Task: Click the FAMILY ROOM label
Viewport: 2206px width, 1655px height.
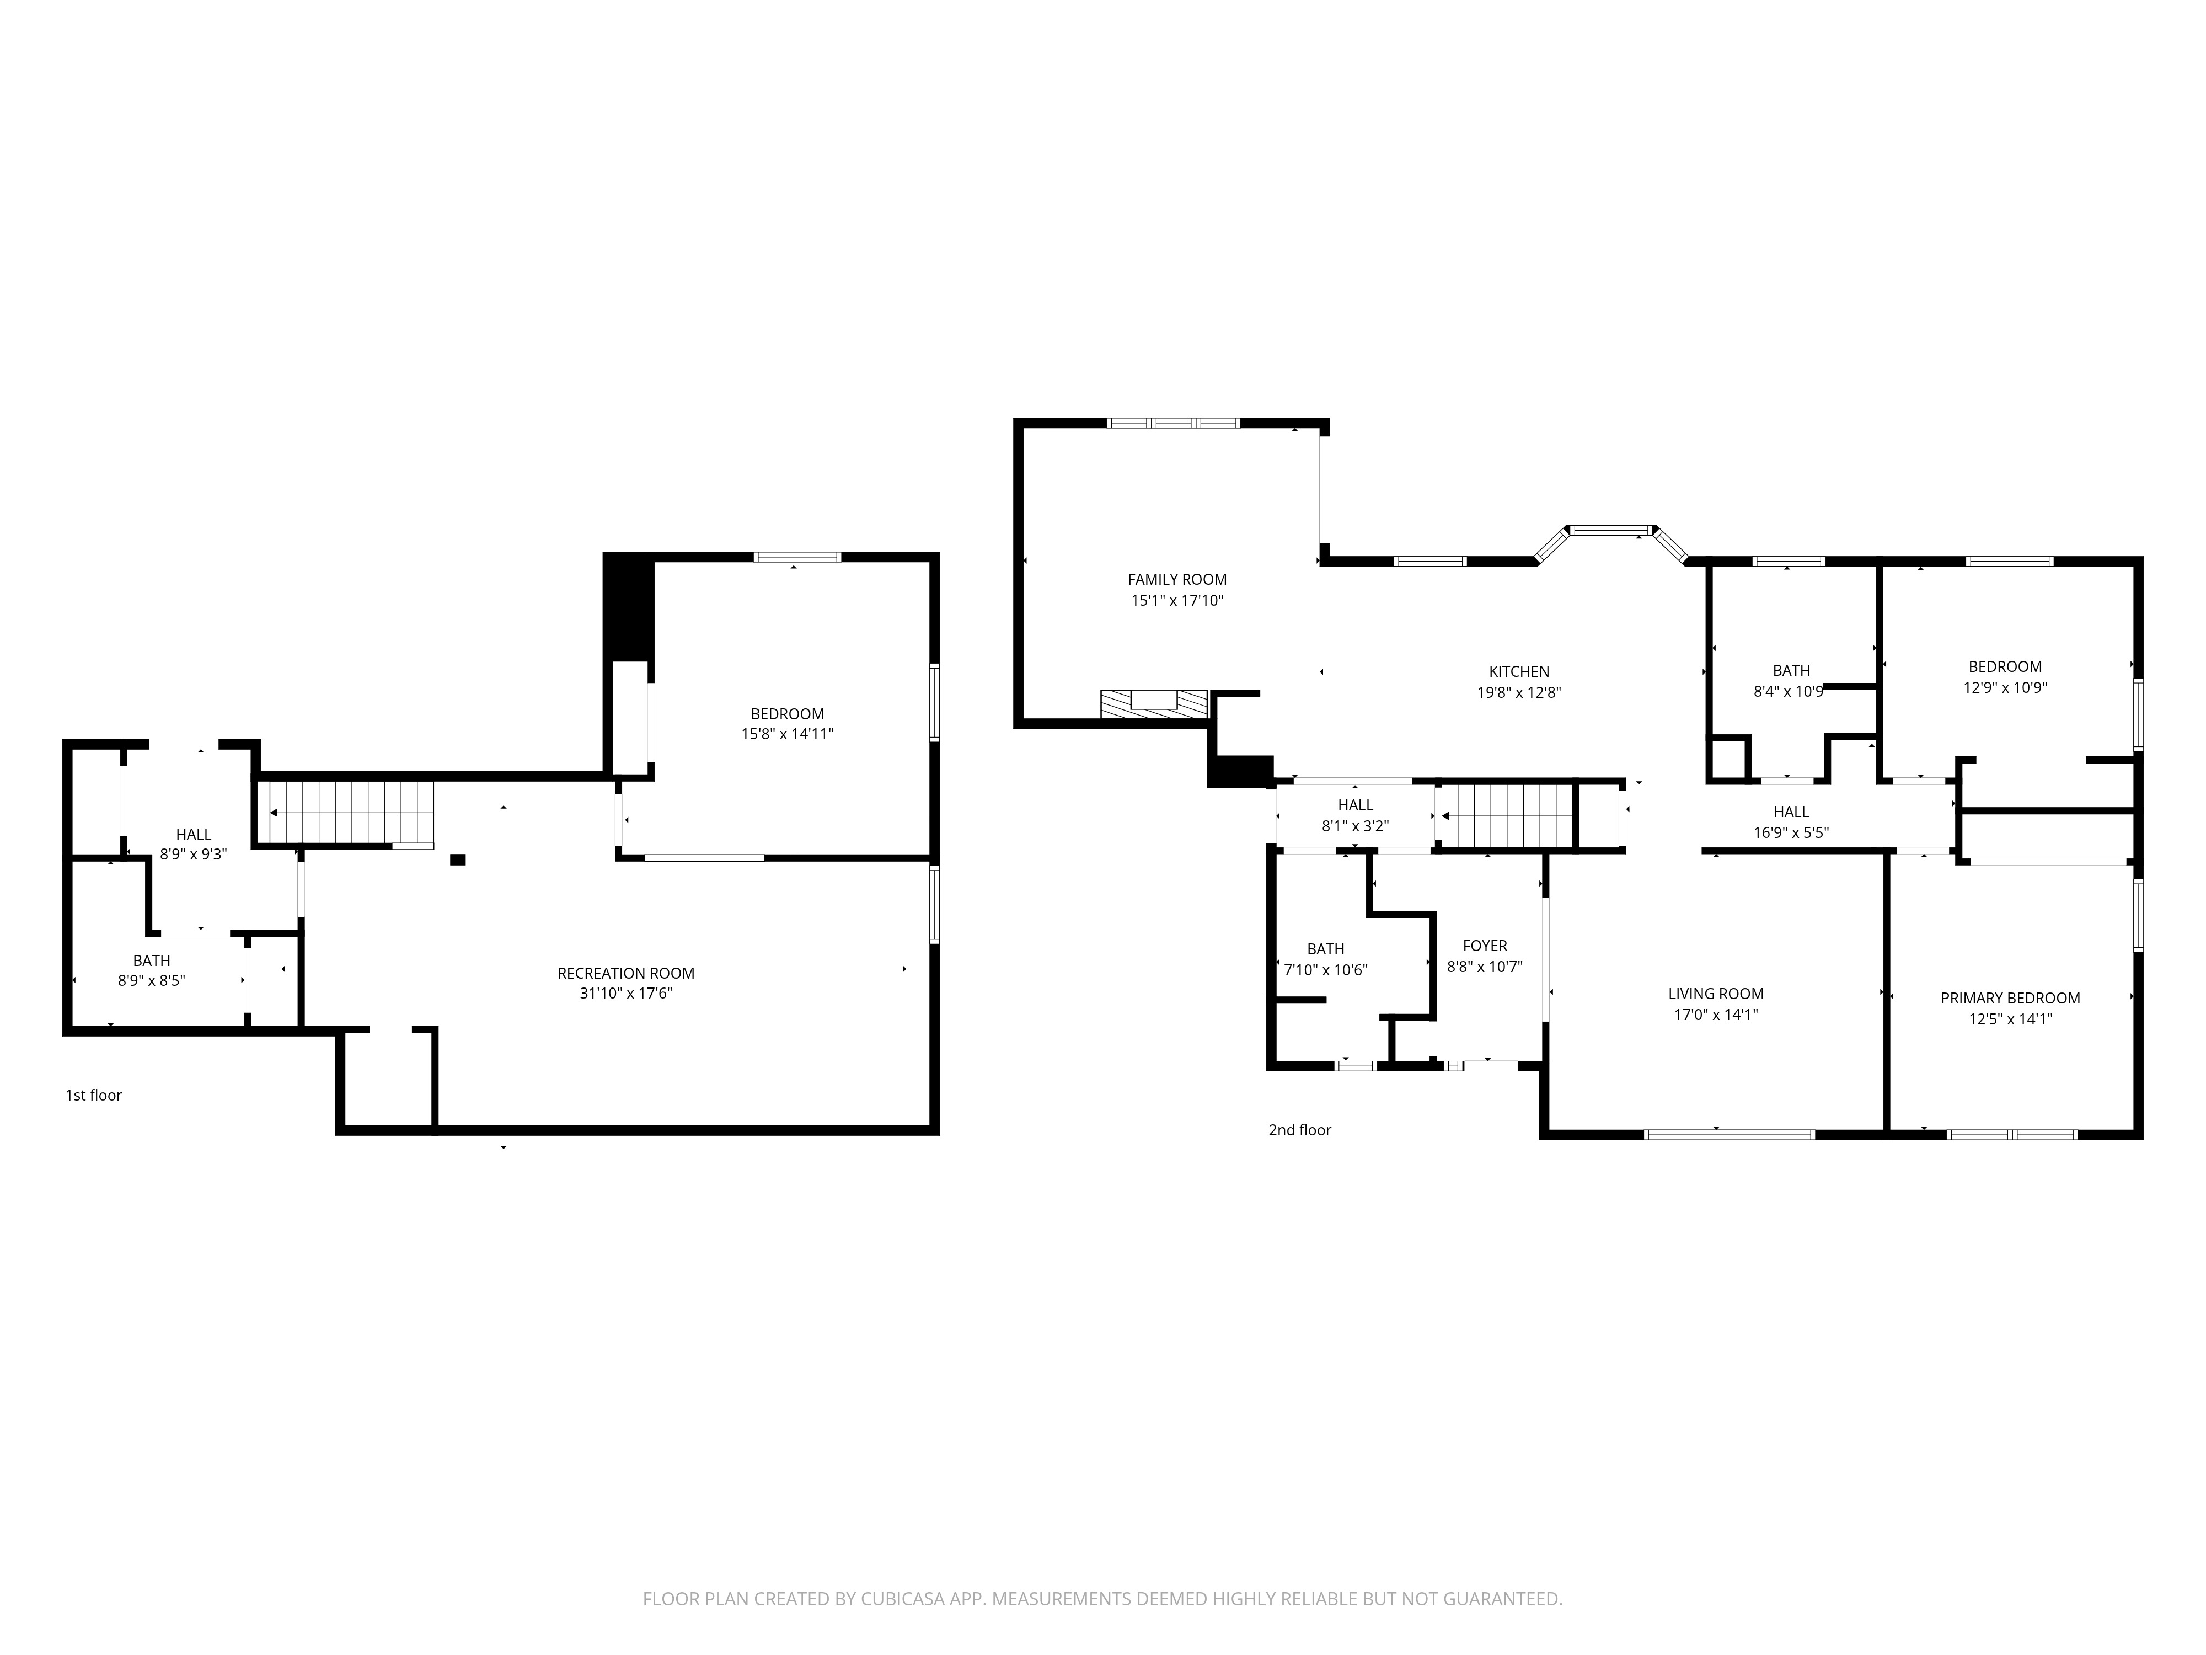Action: click(1177, 580)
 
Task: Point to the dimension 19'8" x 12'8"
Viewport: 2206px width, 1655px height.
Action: click(1519, 692)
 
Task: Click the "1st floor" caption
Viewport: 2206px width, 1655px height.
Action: click(94, 1096)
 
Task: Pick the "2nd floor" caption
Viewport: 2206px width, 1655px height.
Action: click(1299, 1130)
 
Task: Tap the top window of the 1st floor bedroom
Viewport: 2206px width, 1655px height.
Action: click(797, 557)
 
